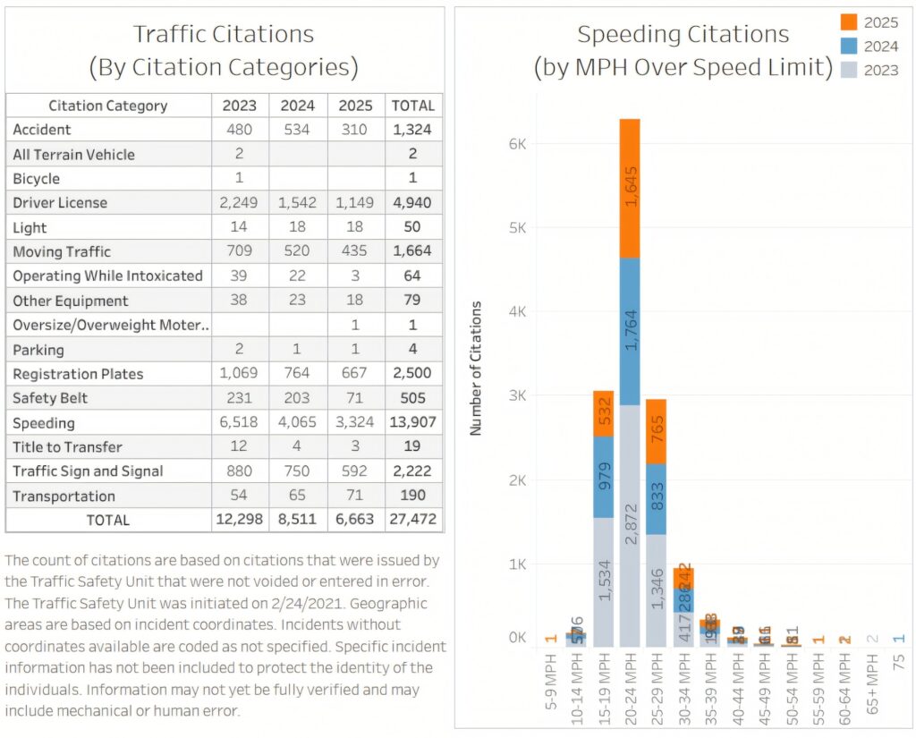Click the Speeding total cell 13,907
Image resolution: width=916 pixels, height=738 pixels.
[412, 423]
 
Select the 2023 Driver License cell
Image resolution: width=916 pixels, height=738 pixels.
[239, 203]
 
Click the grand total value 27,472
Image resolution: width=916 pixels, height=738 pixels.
[412, 520]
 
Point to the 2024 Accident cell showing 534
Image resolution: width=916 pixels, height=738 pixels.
[298, 130]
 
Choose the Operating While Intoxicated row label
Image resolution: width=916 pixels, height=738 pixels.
[107, 276]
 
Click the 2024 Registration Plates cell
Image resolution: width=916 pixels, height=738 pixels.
[298, 374]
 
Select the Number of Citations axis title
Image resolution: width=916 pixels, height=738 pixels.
[476, 369]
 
